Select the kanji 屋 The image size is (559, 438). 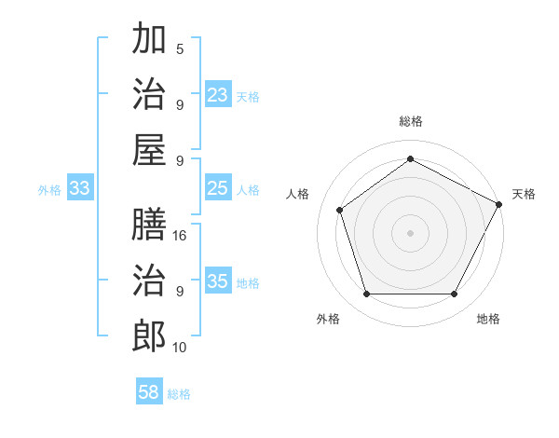149,149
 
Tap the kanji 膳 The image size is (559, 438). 149,224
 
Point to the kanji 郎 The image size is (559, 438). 149,336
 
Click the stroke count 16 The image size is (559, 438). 180,236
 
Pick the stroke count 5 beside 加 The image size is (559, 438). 180,49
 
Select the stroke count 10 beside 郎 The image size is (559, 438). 180,348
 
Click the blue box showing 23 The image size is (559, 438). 218,95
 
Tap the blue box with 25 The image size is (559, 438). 218,188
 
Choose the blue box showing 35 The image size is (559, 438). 218,281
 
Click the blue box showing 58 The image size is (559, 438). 149,392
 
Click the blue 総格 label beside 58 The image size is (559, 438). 179,394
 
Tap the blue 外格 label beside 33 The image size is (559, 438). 49,190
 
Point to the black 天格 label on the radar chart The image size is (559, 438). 524,194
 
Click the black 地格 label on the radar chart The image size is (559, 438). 488,319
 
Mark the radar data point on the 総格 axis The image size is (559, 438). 410,159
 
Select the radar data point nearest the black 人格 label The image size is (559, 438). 340,210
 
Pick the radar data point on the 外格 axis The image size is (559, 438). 366,294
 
